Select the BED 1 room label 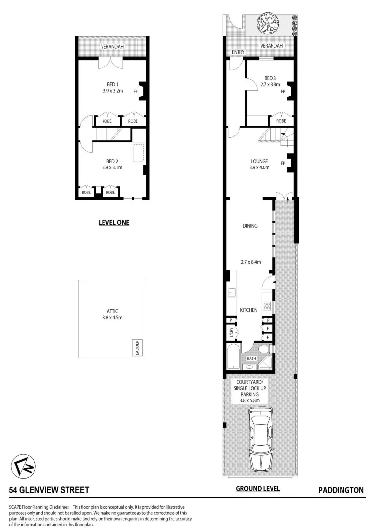click(x=112, y=84)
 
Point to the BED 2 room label click(x=112, y=161)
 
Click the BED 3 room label click(x=270, y=78)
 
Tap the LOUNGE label click(x=259, y=161)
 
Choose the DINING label click(x=250, y=226)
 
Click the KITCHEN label click(x=249, y=310)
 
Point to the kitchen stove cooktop click(x=267, y=306)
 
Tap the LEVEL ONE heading click(x=113, y=223)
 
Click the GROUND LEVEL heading click(x=258, y=489)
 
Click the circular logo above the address click(x=24, y=465)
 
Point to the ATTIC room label click(x=112, y=311)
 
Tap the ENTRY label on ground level click(x=238, y=52)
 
